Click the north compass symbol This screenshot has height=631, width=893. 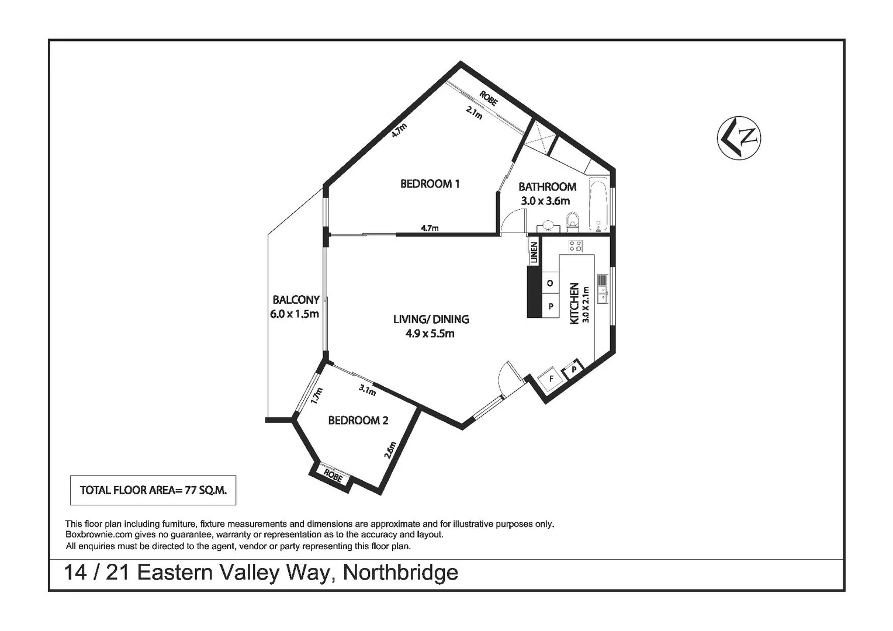tap(739, 137)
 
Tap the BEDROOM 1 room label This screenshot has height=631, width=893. tap(430, 184)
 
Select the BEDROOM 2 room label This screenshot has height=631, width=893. tap(358, 420)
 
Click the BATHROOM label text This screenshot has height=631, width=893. tap(547, 187)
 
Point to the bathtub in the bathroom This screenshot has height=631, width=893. tap(598, 205)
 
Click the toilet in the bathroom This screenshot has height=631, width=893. tap(572, 221)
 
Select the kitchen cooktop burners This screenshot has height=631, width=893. tap(575, 246)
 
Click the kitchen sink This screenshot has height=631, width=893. tap(602, 289)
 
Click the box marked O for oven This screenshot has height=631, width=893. tap(550, 283)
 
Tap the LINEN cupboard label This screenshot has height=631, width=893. tap(533, 252)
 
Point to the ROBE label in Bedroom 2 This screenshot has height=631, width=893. tap(333, 476)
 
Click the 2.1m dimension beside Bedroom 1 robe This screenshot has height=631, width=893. tap(474, 113)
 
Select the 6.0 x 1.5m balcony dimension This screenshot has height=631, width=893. tap(295, 314)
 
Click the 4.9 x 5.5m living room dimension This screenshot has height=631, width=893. tap(430, 334)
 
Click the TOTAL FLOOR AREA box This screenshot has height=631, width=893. tap(153, 490)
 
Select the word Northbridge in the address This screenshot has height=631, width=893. tap(400, 572)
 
